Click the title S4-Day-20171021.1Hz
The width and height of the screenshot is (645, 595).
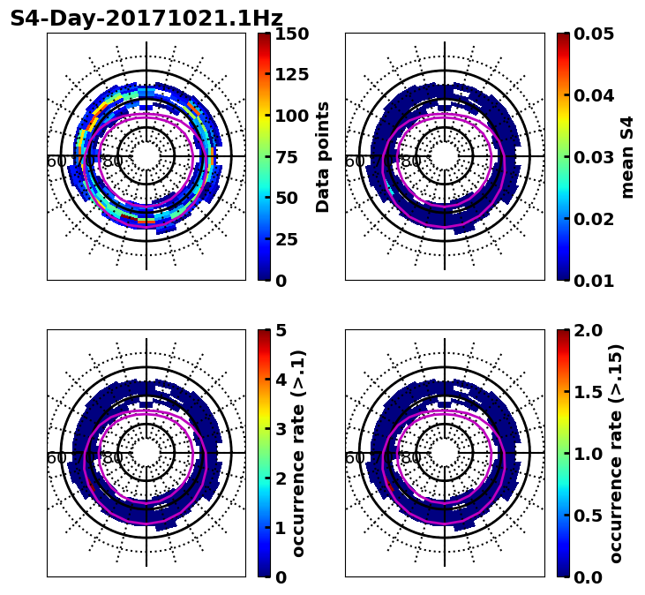[146, 19]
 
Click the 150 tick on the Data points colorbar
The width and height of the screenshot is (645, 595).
[291, 34]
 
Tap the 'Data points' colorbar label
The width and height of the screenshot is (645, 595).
[323, 157]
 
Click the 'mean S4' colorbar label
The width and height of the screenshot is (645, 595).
[627, 157]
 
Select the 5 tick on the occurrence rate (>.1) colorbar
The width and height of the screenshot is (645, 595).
[281, 330]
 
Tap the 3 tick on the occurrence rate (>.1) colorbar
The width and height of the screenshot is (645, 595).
[281, 429]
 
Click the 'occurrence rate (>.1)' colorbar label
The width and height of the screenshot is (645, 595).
[298, 454]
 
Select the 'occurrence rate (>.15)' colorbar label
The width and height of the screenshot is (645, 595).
[616, 454]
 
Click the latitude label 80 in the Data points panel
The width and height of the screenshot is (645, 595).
[113, 162]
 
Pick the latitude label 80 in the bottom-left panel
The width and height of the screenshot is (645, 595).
[113, 458]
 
